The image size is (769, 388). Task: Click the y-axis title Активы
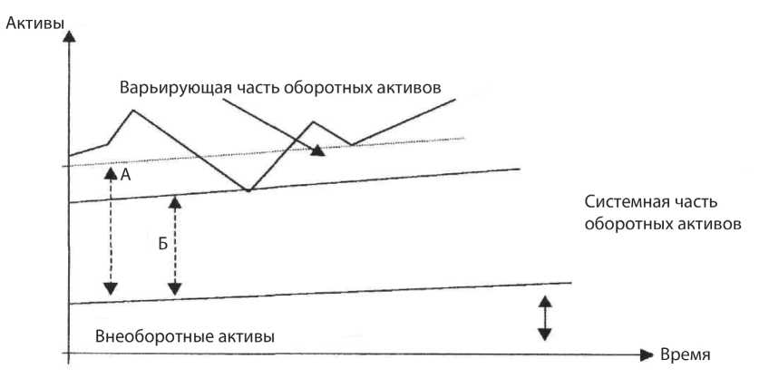point(34,24)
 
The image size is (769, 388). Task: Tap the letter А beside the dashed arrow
point(125,178)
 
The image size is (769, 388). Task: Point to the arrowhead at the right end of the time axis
point(646,354)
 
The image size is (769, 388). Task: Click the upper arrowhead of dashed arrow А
point(110,170)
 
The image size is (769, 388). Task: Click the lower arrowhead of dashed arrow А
point(110,288)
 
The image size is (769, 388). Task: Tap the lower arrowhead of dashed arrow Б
point(174,288)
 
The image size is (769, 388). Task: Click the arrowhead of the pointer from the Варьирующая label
point(316,150)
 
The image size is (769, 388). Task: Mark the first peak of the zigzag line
point(132,111)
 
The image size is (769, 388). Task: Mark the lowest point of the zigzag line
point(248,190)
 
